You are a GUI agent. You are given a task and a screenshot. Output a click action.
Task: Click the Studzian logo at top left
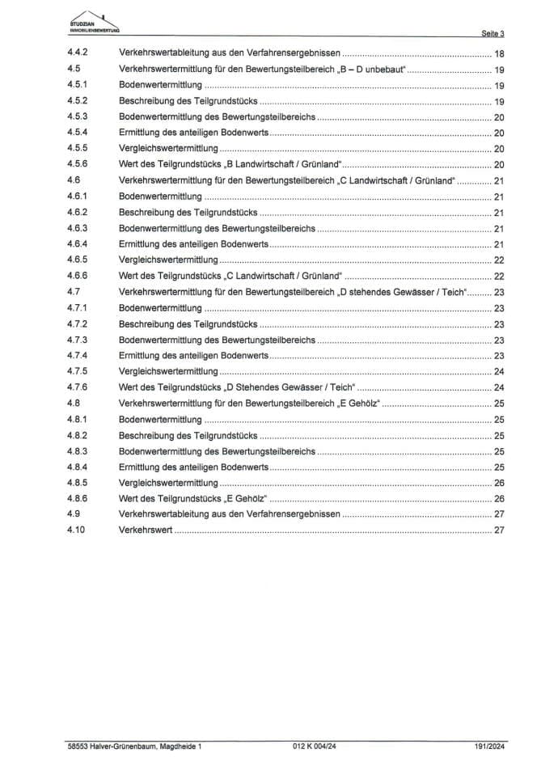(95, 22)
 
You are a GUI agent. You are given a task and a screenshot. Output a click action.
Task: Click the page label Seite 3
(492, 34)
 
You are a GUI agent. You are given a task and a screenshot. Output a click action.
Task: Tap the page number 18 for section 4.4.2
(499, 53)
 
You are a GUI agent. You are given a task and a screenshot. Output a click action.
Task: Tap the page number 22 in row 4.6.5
(499, 260)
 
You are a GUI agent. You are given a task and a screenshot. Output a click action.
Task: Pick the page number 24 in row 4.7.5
(499, 372)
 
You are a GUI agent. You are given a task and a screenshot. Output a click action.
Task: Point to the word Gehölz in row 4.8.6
(250, 499)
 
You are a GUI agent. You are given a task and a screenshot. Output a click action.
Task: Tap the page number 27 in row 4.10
(499, 530)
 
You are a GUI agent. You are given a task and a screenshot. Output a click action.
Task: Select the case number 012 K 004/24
(314, 746)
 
